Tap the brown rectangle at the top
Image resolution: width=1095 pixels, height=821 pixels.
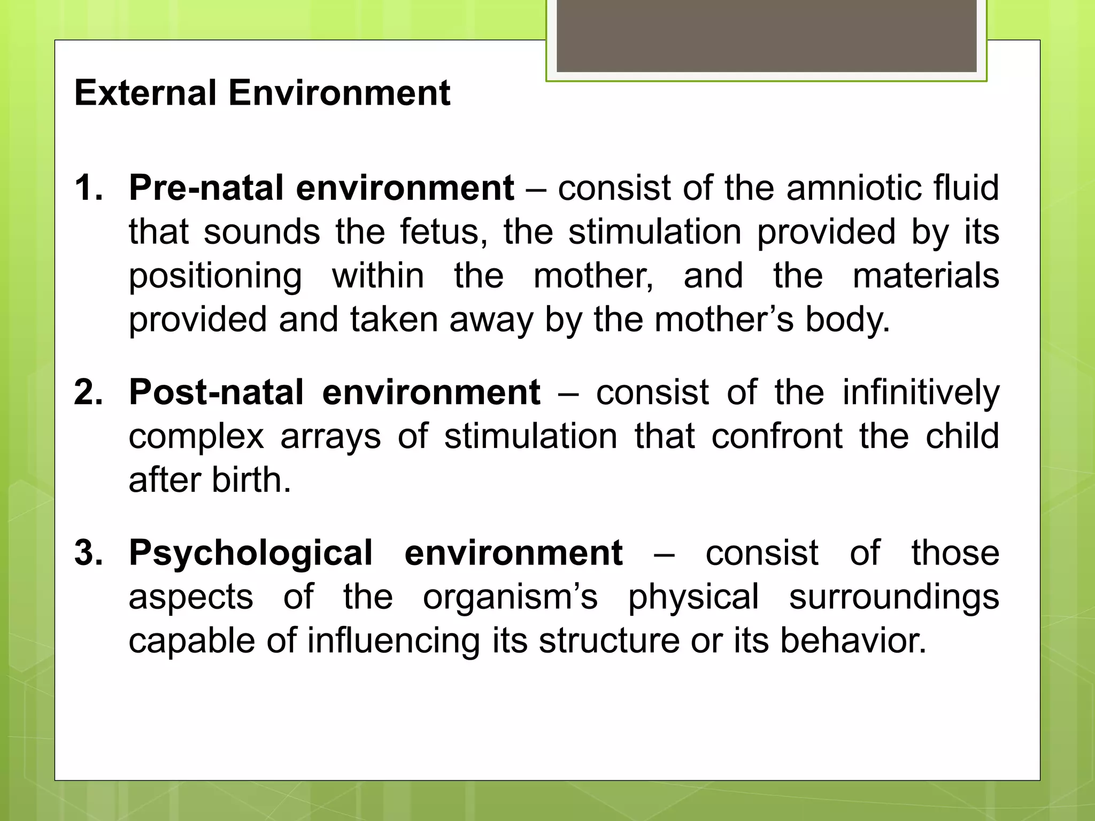coord(766,35)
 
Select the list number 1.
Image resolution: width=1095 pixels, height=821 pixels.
coord(88,188)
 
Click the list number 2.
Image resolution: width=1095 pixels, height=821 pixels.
coord(88,392)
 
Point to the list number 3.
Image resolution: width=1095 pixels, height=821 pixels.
coord(88,553)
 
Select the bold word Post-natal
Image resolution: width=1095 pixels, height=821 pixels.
coord(217,392)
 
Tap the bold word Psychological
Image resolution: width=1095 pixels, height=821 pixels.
coord(250,554)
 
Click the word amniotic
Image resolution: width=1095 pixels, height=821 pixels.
coord(854,188)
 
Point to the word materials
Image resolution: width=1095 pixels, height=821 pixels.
coord(926,276)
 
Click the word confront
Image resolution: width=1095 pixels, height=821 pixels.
coord(777,436)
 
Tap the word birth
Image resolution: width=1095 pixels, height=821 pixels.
coord(251,480)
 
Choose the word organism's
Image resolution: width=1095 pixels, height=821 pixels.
coord(510,597)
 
